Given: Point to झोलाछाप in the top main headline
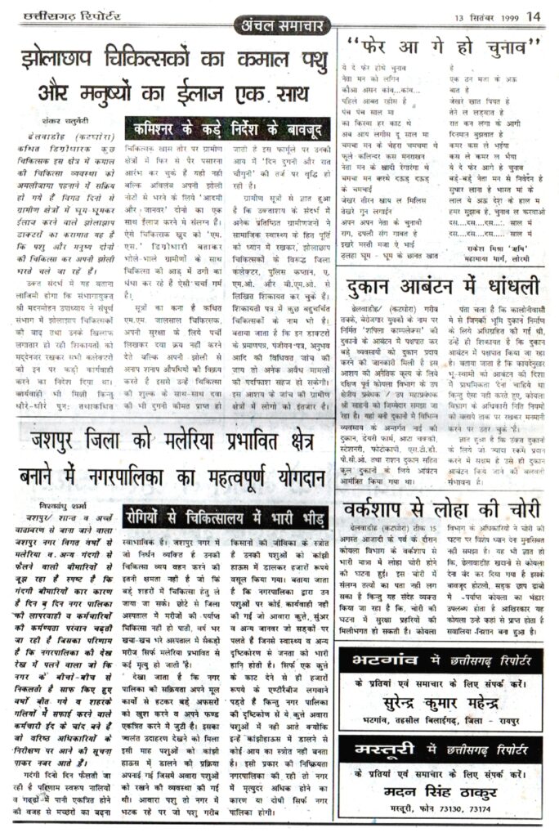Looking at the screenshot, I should pos(68,60).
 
